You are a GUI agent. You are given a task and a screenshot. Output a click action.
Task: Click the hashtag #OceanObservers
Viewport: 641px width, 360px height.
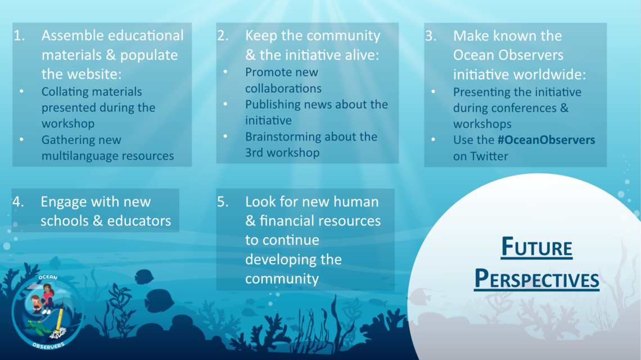(x=546, y=140)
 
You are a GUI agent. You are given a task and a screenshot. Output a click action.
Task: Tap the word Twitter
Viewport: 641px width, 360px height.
(x=489, y=156)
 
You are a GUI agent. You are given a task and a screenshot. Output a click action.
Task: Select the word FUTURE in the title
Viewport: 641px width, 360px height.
(x=537, y=247)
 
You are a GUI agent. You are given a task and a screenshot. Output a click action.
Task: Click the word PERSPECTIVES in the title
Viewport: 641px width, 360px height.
(x=537, y=279)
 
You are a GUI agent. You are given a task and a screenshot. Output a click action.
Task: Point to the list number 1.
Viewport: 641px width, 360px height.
(x=19, y=35)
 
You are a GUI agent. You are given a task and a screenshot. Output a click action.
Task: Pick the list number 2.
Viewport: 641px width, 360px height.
(x=223, y=35)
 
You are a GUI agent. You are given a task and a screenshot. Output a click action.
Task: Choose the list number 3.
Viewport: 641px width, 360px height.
(x=431, y=36)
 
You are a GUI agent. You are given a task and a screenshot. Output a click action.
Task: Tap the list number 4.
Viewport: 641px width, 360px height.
(x=18, y=202)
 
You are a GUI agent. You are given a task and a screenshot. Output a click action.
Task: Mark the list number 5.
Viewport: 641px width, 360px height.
(x=223, y=202)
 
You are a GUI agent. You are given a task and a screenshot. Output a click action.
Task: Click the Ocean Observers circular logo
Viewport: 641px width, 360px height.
(x=48, y=312)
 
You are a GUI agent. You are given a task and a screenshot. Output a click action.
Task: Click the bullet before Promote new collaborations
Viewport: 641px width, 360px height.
(x=225, y=72)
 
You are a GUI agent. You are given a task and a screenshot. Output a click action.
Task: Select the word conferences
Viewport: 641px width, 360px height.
(x=531, y=108)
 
